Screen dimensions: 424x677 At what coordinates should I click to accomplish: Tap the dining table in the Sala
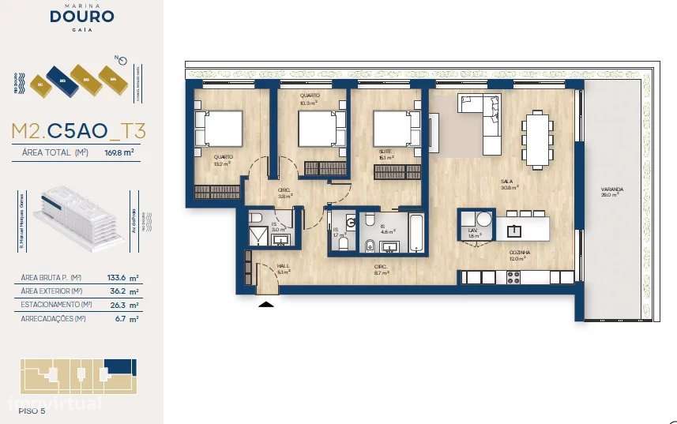(x=538, y=140)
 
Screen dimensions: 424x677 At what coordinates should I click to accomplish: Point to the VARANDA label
(x=611, y=190)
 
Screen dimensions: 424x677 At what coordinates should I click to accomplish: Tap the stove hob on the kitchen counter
(x=513, y=277)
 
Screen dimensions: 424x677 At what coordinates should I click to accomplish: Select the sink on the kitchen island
(x=515, y=230)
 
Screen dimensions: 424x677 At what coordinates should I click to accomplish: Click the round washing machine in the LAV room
(x=483, y=220)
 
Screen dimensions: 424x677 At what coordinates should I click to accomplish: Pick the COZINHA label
(x=519, y=253)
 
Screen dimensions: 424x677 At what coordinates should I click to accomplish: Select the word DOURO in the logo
(x=82, y=17)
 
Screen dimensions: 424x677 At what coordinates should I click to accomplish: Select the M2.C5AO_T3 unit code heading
(x=78, y=130)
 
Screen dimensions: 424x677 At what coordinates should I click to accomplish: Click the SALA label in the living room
(x=506, y=181)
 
